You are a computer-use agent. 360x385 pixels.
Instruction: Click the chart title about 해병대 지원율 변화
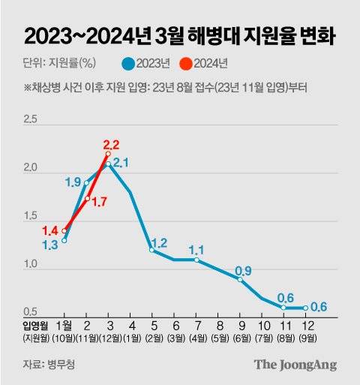(x=180, y=35)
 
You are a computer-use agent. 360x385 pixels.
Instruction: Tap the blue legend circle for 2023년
(x=129, y=63)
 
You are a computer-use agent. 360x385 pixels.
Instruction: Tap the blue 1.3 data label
(x=50, y=245)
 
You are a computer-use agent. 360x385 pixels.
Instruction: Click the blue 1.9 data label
(x=73, y=182)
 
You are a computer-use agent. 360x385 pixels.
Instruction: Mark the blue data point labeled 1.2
(x=152, y=250)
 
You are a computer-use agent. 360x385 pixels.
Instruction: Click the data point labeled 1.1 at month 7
(x=196, y=260)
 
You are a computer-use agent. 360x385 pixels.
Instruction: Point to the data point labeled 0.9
(x=240, y=279)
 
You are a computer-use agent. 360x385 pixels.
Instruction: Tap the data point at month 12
(x=305, y=308)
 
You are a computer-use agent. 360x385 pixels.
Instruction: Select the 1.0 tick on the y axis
(x=30, y=264)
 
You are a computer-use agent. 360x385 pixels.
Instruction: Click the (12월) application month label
(x=109, y=339)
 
